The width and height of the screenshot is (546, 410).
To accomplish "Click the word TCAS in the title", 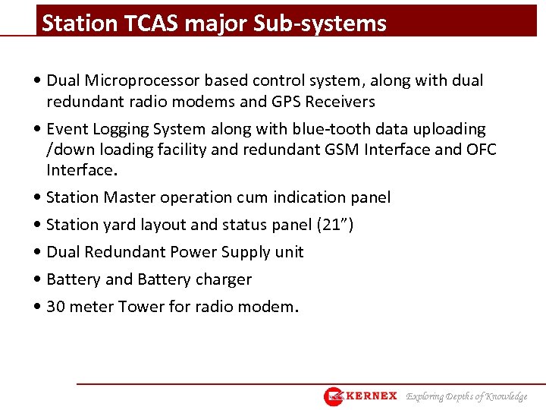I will click(143, 24).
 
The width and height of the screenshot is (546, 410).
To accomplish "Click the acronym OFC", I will click(479, 150).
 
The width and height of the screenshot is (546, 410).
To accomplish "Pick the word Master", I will click(129, 198).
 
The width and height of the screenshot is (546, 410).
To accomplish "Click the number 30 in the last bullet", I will click(55, 307).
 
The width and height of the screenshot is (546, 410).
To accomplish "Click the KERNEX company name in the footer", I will click(372, 396).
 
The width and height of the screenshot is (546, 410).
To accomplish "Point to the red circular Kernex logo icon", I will click(334, 396).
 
